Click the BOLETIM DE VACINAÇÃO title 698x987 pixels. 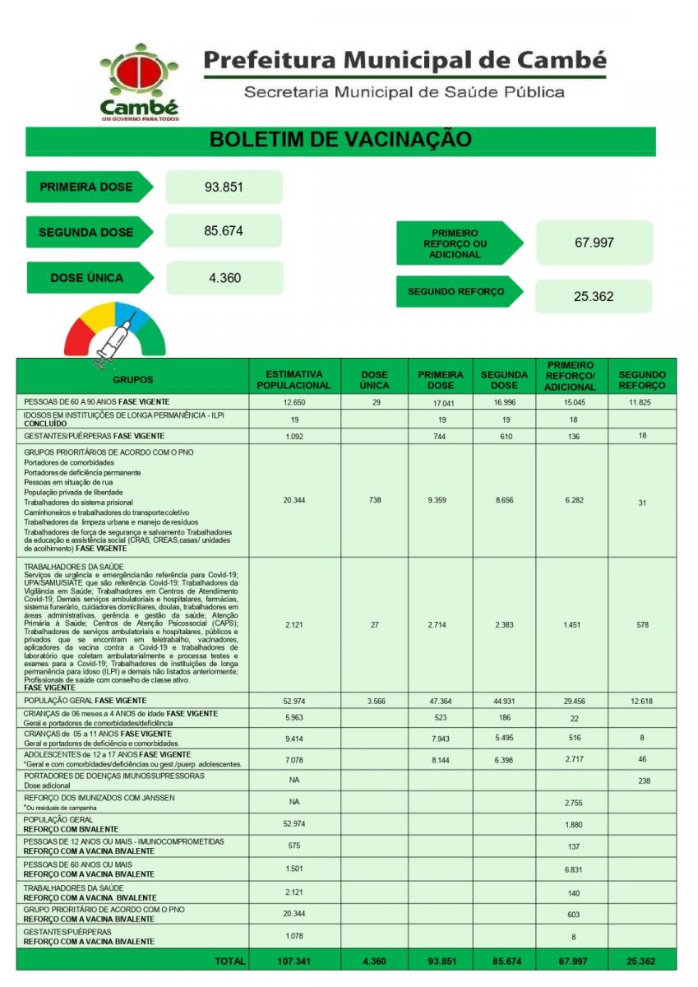340,139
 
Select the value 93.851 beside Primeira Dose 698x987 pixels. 224,187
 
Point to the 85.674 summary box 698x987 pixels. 224,231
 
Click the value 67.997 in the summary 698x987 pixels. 594,243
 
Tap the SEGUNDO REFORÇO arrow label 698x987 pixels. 456,291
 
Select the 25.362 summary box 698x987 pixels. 594,296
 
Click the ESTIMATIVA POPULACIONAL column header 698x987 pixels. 294,379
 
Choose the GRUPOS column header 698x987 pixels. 132,379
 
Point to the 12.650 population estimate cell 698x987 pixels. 294,402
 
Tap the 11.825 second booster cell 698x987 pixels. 642,402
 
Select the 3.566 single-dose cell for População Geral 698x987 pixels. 374,700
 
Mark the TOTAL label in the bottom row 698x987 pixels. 229,961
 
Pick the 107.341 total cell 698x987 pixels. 294,961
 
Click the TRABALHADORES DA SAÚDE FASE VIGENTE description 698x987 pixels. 132,626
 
